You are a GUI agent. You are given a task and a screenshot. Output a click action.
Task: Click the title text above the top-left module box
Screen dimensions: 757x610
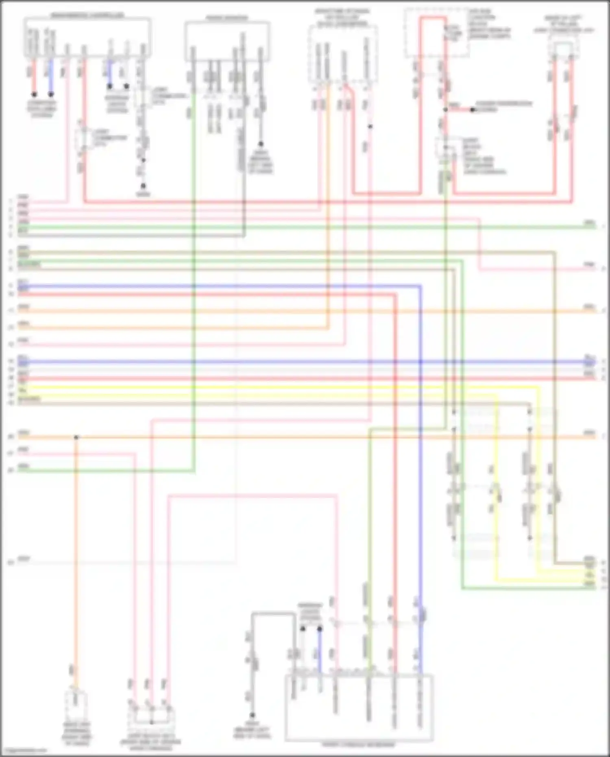tap(87, 15)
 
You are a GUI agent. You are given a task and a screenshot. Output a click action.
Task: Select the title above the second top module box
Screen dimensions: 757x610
tap(227, 18)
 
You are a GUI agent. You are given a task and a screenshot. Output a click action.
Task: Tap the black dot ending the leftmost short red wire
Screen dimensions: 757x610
tap(34, 94)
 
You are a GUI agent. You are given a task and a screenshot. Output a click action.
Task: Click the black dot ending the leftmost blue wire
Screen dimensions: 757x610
tap(51, 94)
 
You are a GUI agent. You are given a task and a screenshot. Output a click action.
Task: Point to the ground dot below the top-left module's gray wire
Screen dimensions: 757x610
tap(143, 186)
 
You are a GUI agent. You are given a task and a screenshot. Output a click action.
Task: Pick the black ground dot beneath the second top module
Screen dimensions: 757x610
tap(260, 144)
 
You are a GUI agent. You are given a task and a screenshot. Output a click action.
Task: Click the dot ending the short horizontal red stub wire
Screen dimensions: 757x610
tap(473, 110)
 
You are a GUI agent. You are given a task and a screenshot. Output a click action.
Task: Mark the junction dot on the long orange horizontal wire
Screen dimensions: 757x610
tap(76, 437)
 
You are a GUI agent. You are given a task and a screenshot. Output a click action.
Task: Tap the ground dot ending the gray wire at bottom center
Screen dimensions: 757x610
tap(252, 715)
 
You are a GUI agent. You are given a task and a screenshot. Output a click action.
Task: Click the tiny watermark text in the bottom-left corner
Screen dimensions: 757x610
tap(24, 750)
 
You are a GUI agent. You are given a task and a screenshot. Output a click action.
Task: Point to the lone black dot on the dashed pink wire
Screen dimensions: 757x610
tap(370, 127)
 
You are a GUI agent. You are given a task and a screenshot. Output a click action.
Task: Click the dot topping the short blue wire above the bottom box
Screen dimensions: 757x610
tap(320, 629)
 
